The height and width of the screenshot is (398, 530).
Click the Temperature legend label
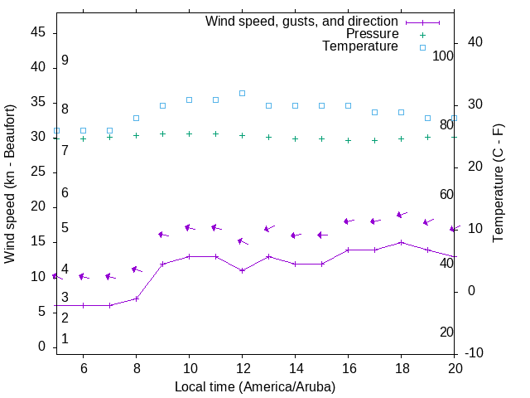pyautogui.click(x=360, y=46)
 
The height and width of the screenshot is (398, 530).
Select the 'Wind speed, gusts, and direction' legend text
pyautogui.click(x=302, y=22)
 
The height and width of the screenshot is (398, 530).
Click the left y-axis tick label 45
pyautogui.click(x=37, y=32)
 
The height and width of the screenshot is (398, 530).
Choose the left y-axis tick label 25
pyautogui.click(x=37, y=172)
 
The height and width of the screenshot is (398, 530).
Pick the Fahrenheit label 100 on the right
pyautogui.click(x=444, y=56)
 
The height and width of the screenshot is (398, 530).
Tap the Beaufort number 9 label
pyautogui.click(x=65, y=61)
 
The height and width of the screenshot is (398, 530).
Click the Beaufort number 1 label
pyautogui.click(x=65, y=338)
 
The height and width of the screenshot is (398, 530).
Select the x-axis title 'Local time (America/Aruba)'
pyautogui.click(x=255, y=386)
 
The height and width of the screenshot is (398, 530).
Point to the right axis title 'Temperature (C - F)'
pyautogui.click(x=498, y=184)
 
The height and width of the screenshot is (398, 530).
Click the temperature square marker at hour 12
pyautogui.click(x=242, y=93)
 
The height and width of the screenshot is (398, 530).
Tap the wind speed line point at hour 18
pyautogui.click(x=401, y=242)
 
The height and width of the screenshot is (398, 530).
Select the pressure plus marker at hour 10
pyautogui.click(x=189, y=133)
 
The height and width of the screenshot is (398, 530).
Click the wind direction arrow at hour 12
pyautogui.click(x=243, y=241)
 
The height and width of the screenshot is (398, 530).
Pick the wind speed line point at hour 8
pyautogui.click(x=136, y=298)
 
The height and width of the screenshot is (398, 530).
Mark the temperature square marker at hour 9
pyautogui.click(x=162, y=105)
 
